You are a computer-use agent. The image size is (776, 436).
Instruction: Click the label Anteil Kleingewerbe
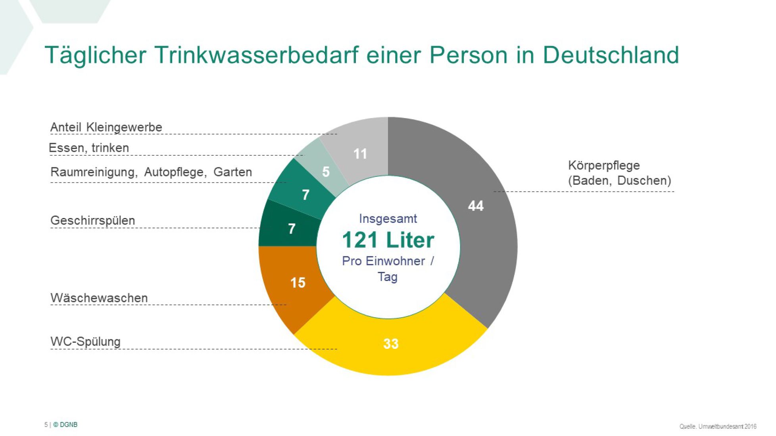click(x=106, y=127)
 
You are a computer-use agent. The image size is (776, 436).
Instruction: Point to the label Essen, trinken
click(x=89, y=148)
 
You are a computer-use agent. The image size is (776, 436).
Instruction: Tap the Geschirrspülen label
click(x=93, y=220)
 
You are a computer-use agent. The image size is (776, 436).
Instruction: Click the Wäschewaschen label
click(x=99, y=298)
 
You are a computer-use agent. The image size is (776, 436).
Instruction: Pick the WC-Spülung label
click(x=86, y=341)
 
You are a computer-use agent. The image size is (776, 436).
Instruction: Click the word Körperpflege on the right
click(x=604, y=166)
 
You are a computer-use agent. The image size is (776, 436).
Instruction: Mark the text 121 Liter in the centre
click(x=388, y=240)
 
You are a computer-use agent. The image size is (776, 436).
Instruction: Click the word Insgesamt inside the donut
click(x=388, y=218)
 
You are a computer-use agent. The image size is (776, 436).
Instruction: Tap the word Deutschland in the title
click(x=611, y=55)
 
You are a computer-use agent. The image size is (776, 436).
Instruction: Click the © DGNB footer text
click(x=65, y=425)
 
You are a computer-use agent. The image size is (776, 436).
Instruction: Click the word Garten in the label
click(x=233, y=172)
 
